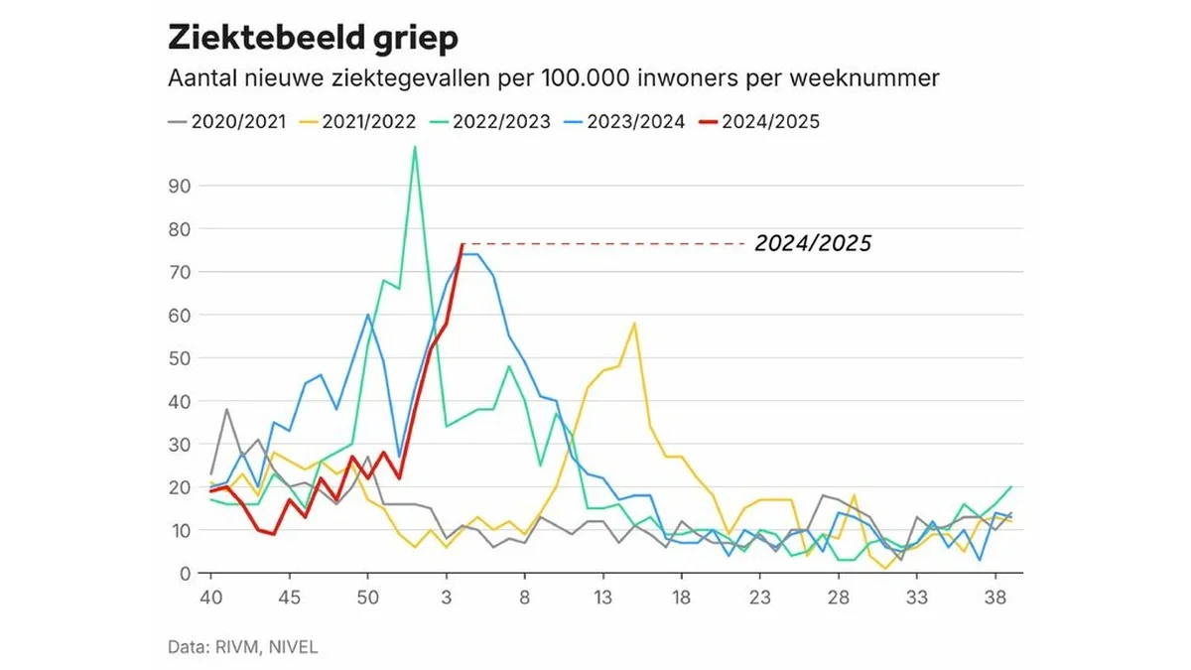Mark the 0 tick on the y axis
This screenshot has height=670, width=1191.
pyautogui.click(x=184, y=574)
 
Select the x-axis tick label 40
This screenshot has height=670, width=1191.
pyautogui.click(x=210, y=600)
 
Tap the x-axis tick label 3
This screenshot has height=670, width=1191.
pyautogui.click(x=447, y=600)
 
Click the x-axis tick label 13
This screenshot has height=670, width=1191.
pyautogui.click(x=602, y=600)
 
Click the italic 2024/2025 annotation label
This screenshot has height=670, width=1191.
pyautogui.click(x=812, y=243)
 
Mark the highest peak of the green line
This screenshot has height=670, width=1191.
pyautogui.click(x=415, y=147)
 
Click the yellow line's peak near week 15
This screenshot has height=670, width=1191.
pyautogui.click(x=634, y=324)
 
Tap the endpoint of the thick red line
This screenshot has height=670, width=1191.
pyautogui.click(x=463, y=244)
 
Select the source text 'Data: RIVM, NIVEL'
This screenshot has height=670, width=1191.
pyautogui.click(x=242, y=646)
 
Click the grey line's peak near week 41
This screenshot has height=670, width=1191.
pyautogui.click(x=226, y=409)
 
